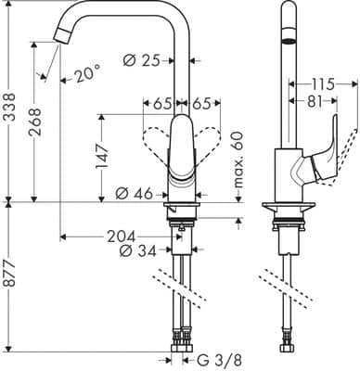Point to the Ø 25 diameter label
coord(140,60)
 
